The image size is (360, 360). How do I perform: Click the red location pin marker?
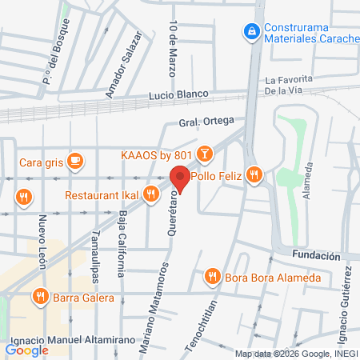(180, 178)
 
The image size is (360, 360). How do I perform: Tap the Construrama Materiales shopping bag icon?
(251, 31)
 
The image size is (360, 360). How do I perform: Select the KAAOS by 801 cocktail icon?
(205, 153)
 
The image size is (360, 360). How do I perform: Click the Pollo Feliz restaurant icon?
(254, 174)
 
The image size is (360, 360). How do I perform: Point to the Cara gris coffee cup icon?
(75, 162)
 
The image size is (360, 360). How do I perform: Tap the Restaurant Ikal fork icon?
(150, 194)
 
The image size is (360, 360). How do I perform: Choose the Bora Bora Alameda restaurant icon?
(212, 277)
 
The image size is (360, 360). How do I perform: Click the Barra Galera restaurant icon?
(41, 298)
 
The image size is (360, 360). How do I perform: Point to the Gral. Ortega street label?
(206, 122)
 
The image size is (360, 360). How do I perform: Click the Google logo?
(26, 350)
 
